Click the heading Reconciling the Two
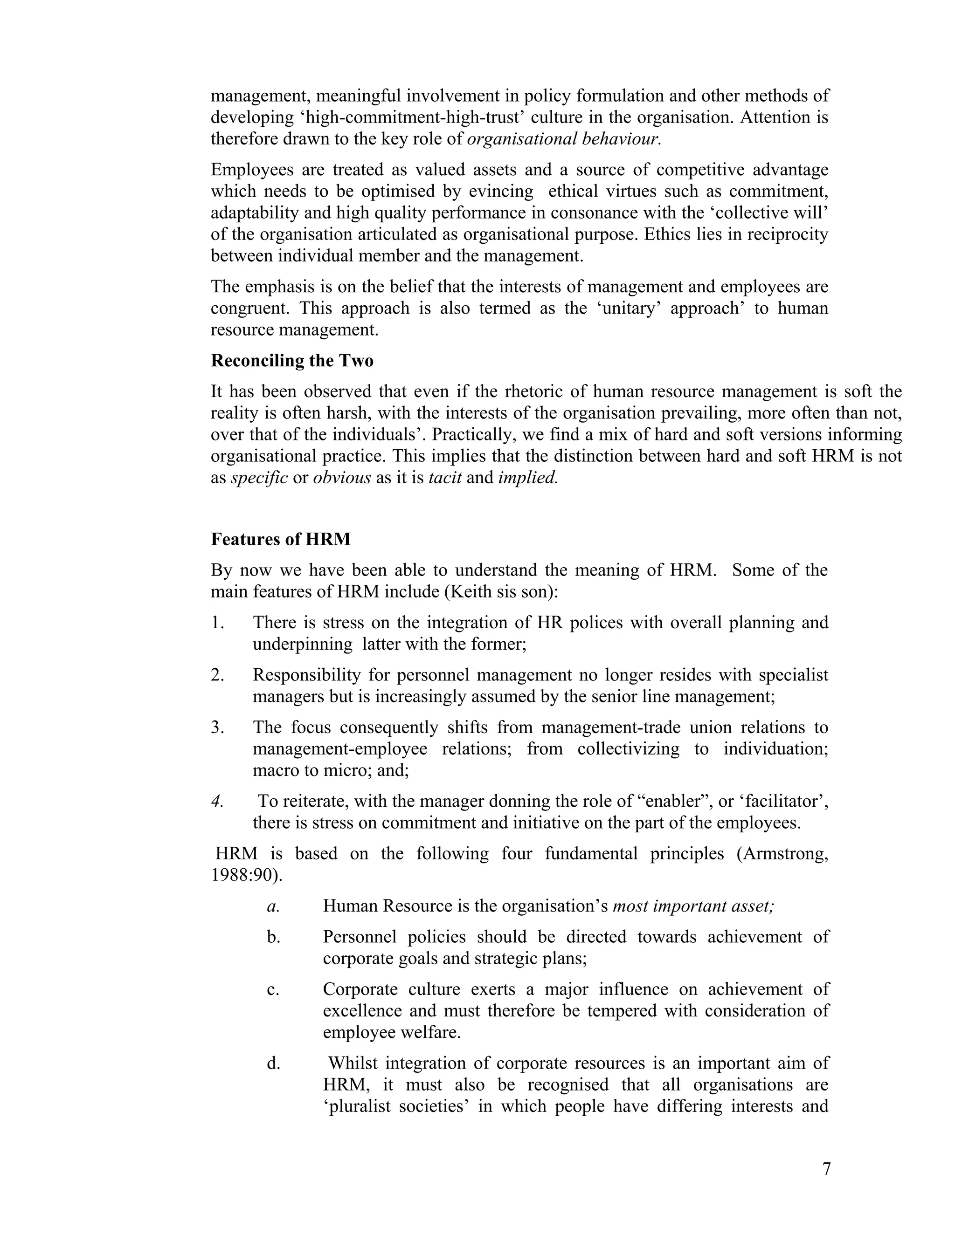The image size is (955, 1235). (292, 361)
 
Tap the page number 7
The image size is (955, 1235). (826, 1169)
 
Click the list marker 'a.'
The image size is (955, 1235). (273, 906)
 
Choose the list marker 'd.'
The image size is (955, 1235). (273, 1063)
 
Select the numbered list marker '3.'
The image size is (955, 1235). (218, 727)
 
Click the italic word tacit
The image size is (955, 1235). (445, 478)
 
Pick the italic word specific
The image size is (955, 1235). (259, 478)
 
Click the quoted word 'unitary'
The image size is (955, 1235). (629, 309)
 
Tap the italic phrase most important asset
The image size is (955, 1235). (693, 906)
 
